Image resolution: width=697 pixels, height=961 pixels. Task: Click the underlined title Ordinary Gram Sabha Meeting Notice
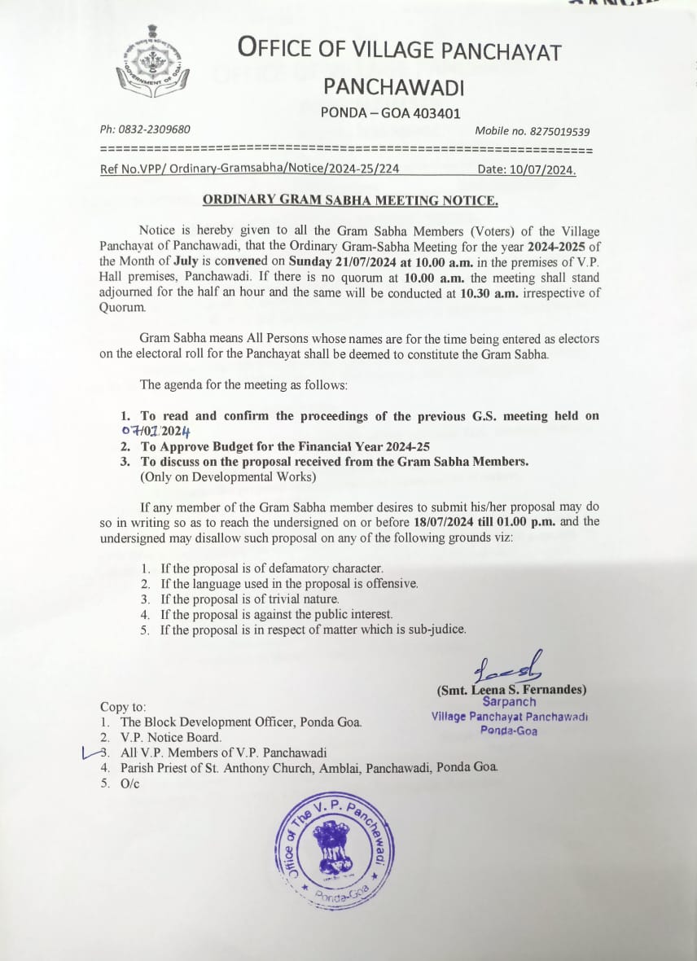coord(350,200)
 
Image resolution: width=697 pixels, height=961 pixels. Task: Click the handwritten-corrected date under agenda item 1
coord(155,432)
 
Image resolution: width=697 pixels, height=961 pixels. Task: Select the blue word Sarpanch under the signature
coord(509,701)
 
